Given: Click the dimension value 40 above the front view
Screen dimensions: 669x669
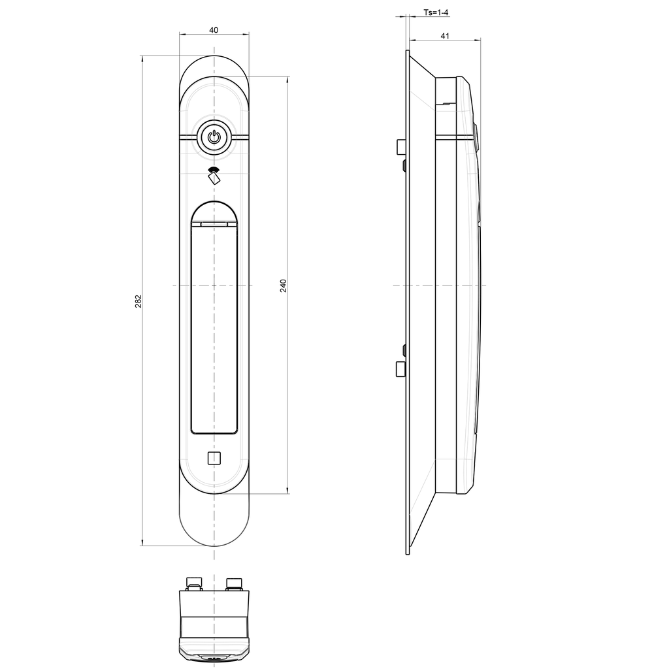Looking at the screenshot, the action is tap(214, 30).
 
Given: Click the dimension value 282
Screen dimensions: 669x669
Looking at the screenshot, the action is tap(139, 301).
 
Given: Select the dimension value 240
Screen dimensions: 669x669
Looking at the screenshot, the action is tap(284, 286).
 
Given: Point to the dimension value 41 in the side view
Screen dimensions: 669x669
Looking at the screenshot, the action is tap(445, 36).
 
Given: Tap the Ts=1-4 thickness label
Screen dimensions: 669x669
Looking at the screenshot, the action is tap(436, 12).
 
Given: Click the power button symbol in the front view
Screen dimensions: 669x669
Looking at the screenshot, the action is tap(214, 137).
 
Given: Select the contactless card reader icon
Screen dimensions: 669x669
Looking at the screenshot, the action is tap(214, 174).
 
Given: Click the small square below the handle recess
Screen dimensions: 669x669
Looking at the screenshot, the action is tap(214, 458).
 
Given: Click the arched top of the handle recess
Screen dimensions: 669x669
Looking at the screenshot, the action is tap(214, 203).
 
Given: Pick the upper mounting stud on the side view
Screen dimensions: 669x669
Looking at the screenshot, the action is tap(400, 147).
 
